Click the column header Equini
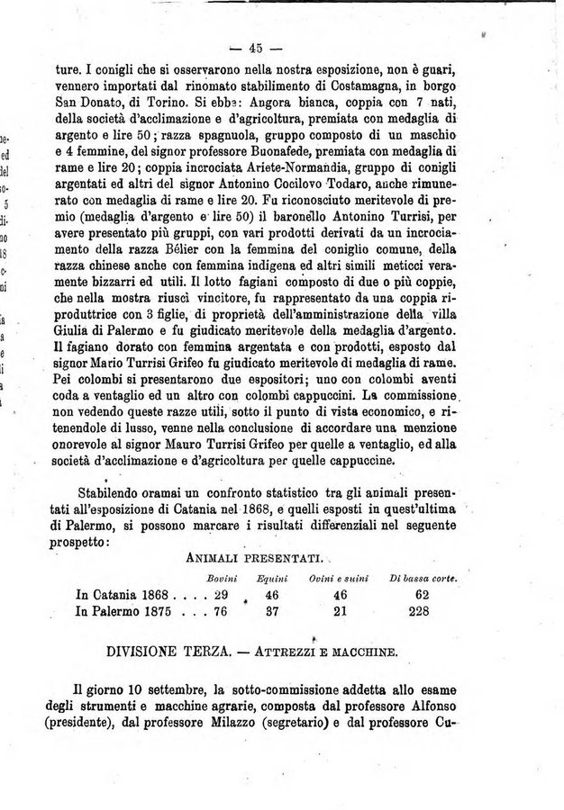tap(271, 577)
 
